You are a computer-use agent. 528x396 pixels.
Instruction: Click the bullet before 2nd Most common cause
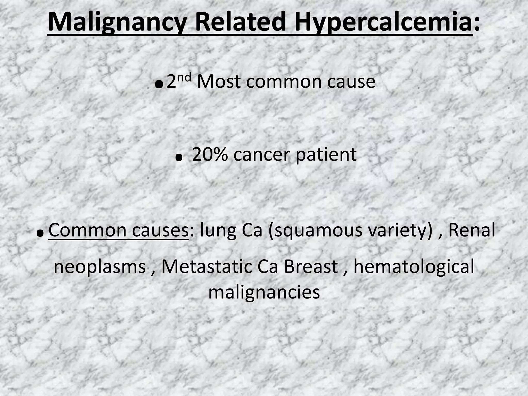pyautogui.click(x=160, y=84)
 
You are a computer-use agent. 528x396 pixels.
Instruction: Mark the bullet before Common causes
pyautogui.click(x=40, y=233)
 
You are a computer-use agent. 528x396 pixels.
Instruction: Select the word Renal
pyautogui.click(x=472, y=230)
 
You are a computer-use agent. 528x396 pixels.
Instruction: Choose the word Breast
pyautogui.click(x=310, y=267)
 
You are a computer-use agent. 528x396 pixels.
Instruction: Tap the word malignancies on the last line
pyautogui.click(x=264, y=293)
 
